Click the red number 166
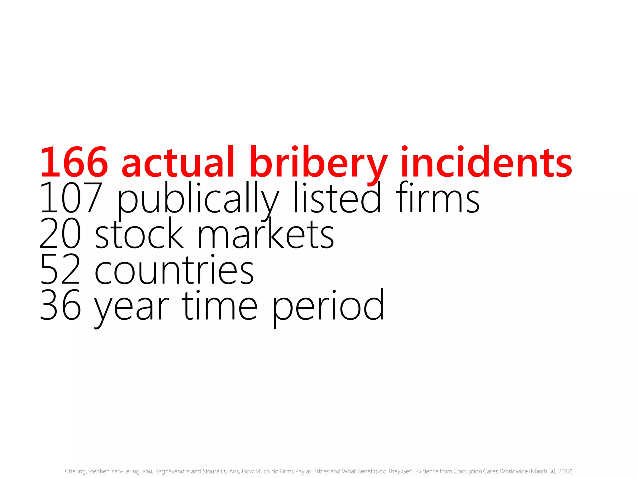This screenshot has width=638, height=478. click(x=74, y=162)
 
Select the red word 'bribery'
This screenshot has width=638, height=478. click(x=318, y=163)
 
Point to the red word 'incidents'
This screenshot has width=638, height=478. click(x=486, y=162)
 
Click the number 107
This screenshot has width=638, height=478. click(x=71, y=198)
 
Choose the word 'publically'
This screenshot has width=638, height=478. click(x=198, y=199)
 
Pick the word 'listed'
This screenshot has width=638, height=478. click(x=337, y=198)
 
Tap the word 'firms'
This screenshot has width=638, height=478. click(x=438, y=198)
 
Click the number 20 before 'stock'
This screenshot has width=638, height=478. click(x=60, y=234)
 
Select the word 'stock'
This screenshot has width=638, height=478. click(x=139, y=234)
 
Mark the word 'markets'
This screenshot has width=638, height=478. click(x=266, y=234)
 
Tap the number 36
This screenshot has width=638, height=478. click(x=60, y=306)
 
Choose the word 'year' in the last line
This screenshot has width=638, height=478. click(x=131, y=308)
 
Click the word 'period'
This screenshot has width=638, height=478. click(x=328, y=307)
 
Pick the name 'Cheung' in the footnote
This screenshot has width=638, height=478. click(x=75, y=471)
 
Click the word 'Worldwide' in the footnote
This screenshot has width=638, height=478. click(x=514, y=471)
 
